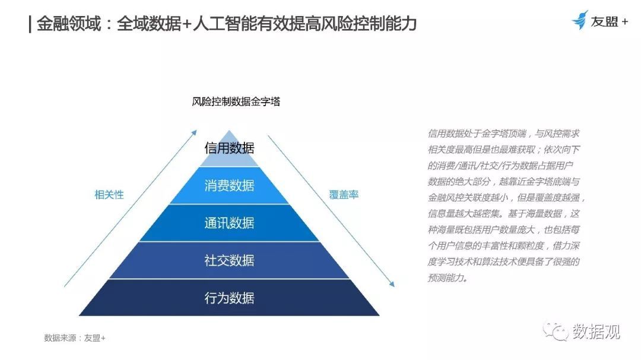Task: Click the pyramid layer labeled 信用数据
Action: point(229,151)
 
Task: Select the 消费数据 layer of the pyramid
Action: point(229,186)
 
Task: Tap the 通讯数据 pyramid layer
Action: point(229,222)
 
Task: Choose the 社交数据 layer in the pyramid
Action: point(229,260)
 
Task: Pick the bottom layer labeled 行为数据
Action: point(229,298)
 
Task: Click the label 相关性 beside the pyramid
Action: point(109,195)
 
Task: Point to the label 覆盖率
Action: point(344,195)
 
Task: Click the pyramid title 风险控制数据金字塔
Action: point(236,101)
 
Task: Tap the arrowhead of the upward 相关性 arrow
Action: point(195,132)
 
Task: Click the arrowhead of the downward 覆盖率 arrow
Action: point(392,284)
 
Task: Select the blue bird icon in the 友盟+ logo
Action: point(580,20)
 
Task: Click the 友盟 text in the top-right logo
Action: point(604,21)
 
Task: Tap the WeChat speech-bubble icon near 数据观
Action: point(556,331)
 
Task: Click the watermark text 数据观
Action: point(596,331)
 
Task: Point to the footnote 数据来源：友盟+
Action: point(75,338)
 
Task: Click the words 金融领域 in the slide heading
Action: point(69,24)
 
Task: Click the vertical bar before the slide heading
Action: point(30,24)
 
